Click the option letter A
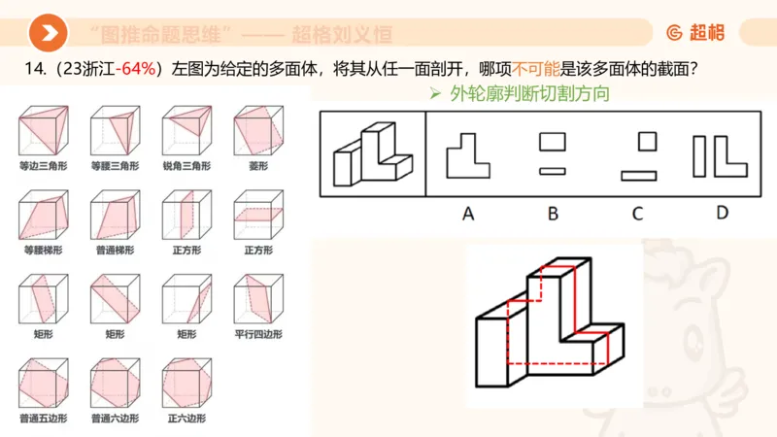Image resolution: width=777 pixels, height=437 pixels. pyautogui.click(x=467, y=213)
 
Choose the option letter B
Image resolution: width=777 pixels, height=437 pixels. pyautogui.click(x=552, y=213)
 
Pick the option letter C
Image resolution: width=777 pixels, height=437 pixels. pyautogui.click(x=637, y=213)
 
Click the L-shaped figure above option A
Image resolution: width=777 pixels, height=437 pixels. pyautogui.click(x=466, y=154)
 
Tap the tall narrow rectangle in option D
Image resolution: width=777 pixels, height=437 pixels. pyautogui.click(x=699, y=156)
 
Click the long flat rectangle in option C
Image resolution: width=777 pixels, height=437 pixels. pyautogui.click(x=640, y=177)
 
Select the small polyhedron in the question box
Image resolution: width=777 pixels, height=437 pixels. pyautogui.click(x=373, y=155)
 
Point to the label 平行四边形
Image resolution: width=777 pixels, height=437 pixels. pyautogui.click(x=257, y=334)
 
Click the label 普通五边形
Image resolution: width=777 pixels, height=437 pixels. pyautogui.click(x=40, y=419)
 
